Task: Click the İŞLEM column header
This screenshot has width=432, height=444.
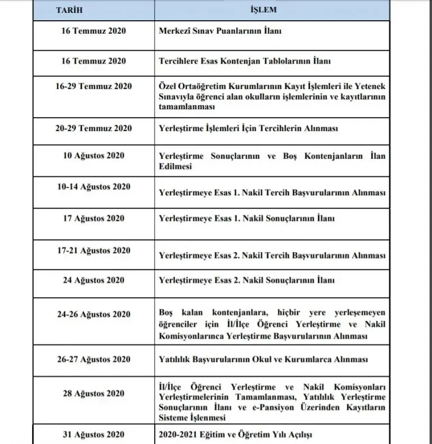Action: [272, 11]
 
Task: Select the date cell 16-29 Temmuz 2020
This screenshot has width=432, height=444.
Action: [93, 86]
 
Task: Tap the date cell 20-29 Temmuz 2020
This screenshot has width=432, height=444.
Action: [93, 128]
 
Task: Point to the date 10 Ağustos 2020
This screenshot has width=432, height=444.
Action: [93, 155]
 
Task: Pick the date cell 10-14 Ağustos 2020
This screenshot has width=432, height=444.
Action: [93, 187]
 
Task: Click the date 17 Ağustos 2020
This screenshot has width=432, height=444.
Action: [93, 218]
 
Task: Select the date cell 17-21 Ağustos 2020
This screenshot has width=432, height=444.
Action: [93, 250]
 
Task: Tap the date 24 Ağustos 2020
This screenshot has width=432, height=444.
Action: [93, 280]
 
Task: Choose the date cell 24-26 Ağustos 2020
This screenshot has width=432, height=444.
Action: [93, 314]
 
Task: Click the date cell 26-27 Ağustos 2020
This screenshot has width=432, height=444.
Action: [93, 359]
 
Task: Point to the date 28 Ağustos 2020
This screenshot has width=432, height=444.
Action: [93, 393]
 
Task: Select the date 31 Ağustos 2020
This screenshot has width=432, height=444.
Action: [93, 434]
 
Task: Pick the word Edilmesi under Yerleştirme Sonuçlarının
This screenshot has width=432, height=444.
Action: [175, 167]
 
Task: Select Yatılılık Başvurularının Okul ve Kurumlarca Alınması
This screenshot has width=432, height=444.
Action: [264, 360]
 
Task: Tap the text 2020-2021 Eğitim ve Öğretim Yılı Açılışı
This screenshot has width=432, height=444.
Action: [235, 435]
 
